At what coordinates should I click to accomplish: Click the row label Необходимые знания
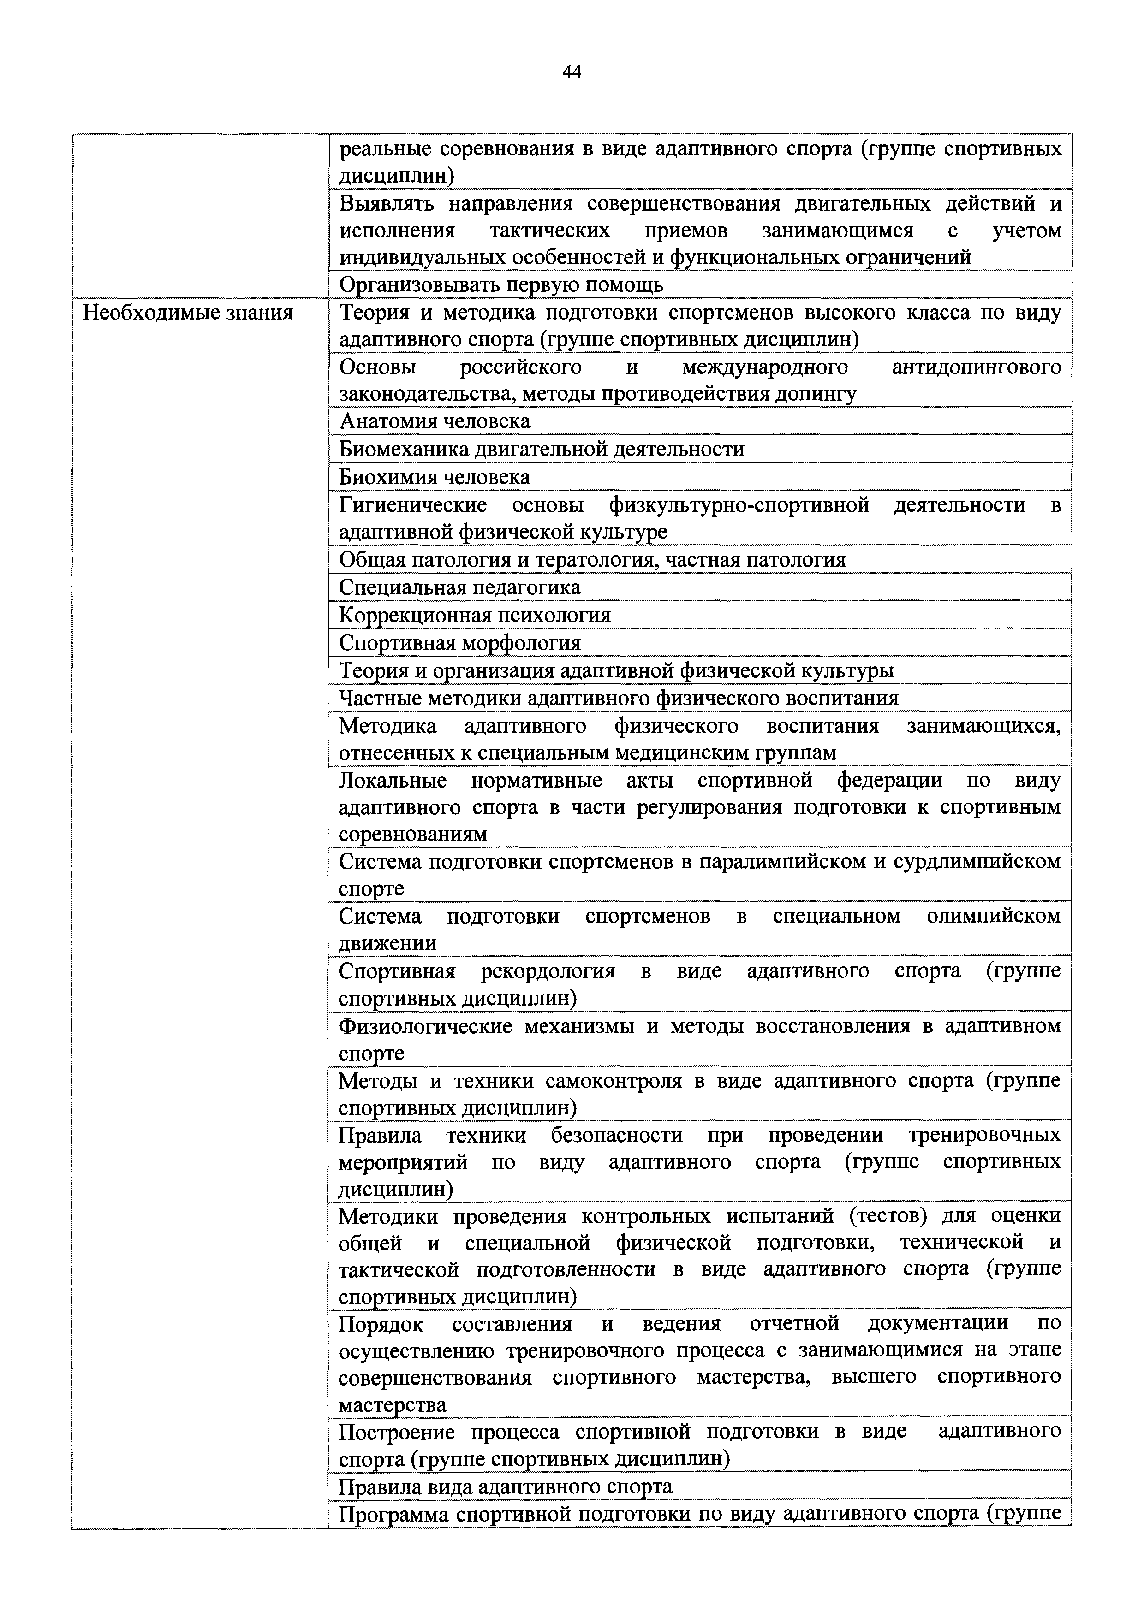[187, 312]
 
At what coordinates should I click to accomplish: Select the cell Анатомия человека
[435, 421]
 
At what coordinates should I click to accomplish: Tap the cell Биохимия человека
[435, 477]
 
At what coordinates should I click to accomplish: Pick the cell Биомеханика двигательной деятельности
[541, 449]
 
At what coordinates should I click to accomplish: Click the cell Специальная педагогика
[459, 586]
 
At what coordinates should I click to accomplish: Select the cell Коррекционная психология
[475, 615]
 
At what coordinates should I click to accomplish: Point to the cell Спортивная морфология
[459, 642]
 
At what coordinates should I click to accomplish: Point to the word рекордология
[548, 971]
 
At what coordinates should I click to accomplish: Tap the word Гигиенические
[413, 505]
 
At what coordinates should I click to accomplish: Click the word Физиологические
[425, 1025]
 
